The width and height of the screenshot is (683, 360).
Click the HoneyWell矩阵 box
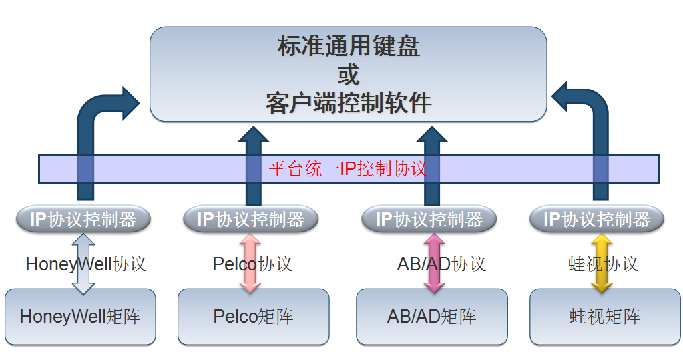coord(80,317)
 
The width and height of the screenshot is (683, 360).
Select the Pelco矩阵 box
coord(253,317)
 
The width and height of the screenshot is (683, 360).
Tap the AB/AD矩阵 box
coord(431,317)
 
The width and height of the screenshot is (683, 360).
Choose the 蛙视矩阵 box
coord(604,317)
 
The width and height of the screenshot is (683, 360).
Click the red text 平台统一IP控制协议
coord(347,169)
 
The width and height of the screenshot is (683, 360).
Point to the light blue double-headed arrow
coord(83,264)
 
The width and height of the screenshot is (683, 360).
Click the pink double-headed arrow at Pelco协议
coord(250,264)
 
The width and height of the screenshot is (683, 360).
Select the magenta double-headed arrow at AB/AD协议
coord(434,264)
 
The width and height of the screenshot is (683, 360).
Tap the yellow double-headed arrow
coord(602,264)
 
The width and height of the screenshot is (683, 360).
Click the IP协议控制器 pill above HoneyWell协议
coord(83,219)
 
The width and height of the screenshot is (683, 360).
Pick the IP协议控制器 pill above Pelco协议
coord(250,219)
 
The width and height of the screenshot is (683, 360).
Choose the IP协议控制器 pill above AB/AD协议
coord(429,219)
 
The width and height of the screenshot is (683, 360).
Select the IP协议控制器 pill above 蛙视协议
coord(596,219)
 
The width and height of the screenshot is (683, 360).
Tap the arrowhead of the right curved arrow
coord(560,96)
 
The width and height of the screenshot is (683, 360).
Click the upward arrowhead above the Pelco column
coord(253,135)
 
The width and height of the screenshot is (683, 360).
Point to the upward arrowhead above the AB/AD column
coord(431,135)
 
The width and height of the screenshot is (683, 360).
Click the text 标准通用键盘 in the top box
coord(348,46)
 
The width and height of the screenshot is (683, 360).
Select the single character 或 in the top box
coord(348,75)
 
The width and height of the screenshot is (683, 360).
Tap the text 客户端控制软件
coord(348,103)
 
